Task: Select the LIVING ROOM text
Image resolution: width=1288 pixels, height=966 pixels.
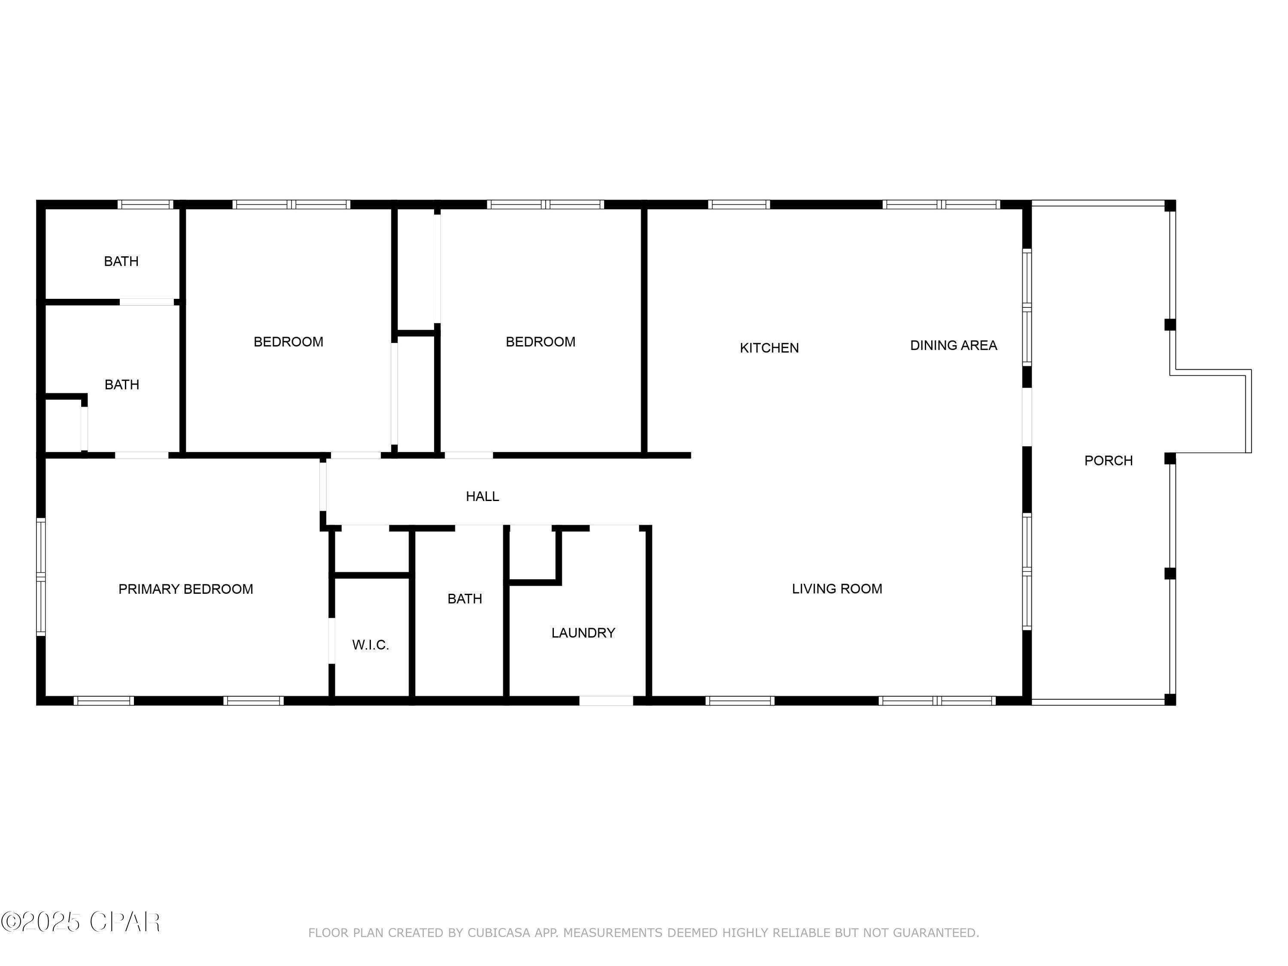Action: (x=836, y=589)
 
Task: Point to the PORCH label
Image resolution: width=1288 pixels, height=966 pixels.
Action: (x=1108, y=461)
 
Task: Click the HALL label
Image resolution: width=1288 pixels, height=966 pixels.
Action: (x=482, y=496)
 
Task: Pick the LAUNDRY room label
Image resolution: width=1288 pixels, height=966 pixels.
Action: (x=583, y=633)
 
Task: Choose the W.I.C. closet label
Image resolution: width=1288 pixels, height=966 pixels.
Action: (x=371, y=644)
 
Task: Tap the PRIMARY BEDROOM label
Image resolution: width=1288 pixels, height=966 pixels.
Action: (x=186, y=589)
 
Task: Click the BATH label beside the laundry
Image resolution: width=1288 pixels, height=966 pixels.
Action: (x=465, y=598)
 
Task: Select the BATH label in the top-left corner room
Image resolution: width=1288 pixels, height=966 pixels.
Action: (x=121, y=261)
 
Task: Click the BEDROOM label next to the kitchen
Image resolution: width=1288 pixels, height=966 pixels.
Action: (x=541, y=342)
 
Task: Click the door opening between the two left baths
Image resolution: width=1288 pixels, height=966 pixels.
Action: (x=147, y=302)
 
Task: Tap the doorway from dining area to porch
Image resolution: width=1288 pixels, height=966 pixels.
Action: (x=1027, y=417)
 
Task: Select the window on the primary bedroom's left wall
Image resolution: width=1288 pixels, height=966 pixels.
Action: (x=41, y=577)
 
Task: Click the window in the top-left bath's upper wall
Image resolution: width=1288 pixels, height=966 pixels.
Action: (x=146, y=204)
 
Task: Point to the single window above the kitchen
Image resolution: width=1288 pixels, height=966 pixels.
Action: (x=738, y=204)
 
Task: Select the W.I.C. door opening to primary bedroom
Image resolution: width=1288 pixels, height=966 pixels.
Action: (x=332, y=641)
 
